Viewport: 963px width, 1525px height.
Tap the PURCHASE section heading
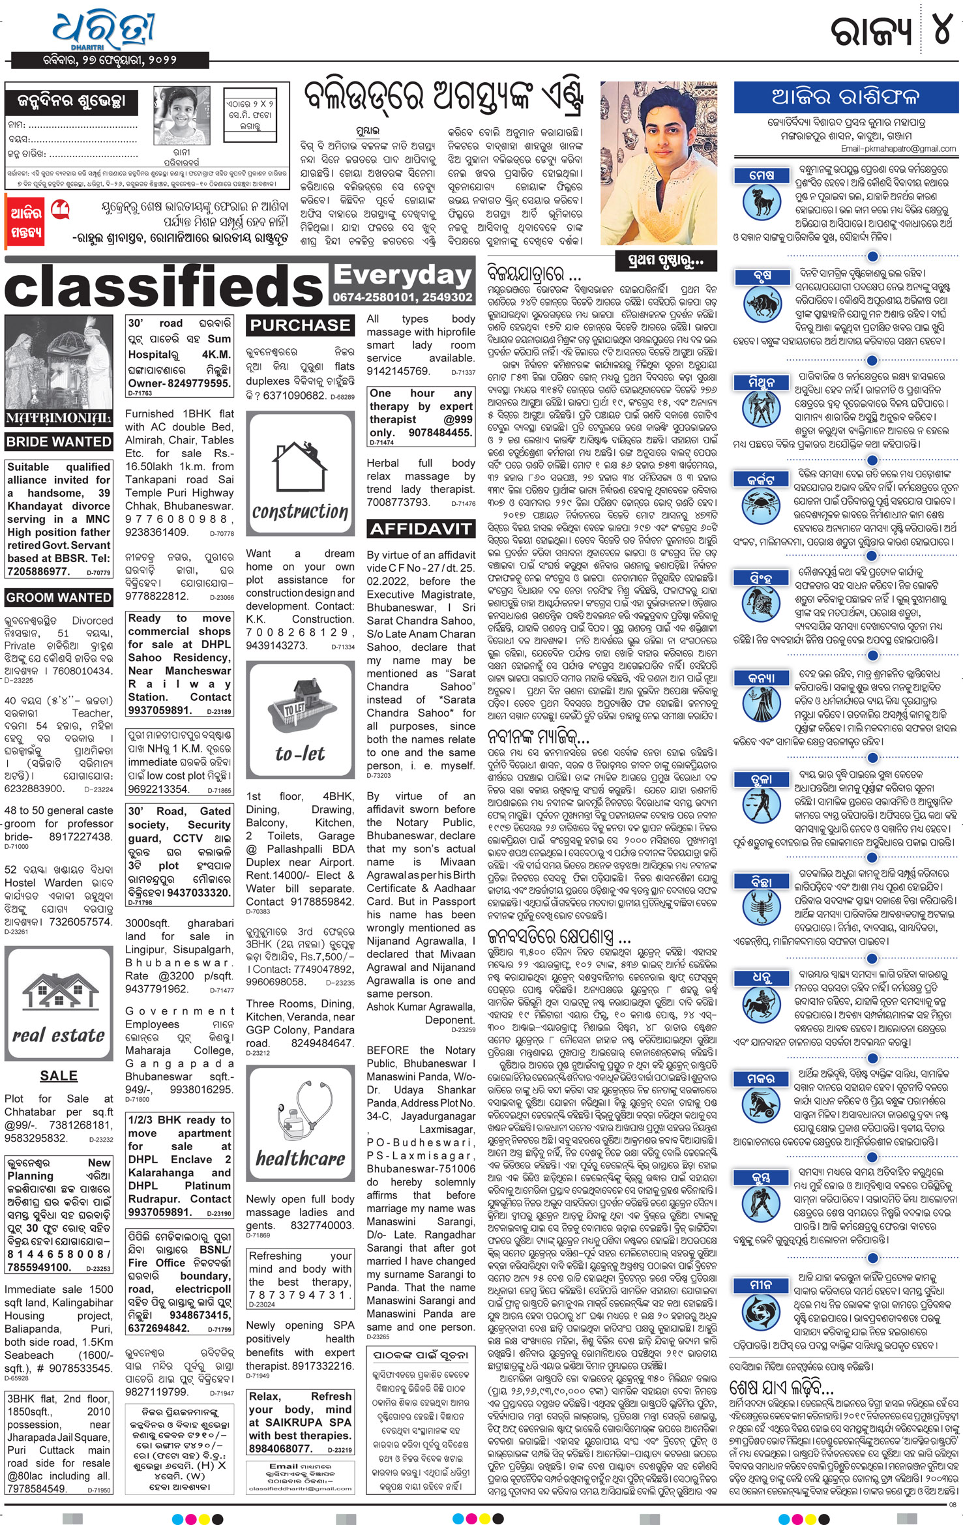click(300, 325)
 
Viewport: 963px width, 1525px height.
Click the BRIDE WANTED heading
click(59, 441)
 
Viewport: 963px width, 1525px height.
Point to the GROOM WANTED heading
click(59, 597)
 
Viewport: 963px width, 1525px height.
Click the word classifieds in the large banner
click(164, 287)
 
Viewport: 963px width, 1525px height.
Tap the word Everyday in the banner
click(402, 276)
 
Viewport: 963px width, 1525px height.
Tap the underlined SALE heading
click(59, 1076)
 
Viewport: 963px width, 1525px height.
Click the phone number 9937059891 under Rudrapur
click(160, 1212)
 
